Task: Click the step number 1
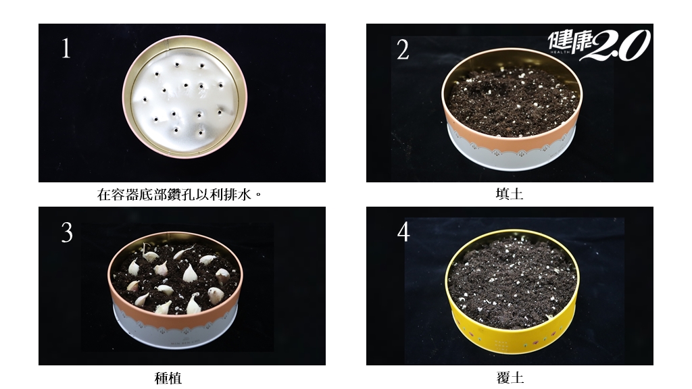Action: coord(66,49)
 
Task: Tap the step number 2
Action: coord(403,50)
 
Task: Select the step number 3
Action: coord(67,232)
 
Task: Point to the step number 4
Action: coord(403,232)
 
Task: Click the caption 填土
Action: coord(510,194)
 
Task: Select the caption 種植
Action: coord(168,378)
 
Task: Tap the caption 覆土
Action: coord(510,378)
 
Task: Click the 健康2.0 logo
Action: coord(599,45)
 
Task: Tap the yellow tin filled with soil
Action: coord(512,291)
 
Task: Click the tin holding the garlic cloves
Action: coord(175,290)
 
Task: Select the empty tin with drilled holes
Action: coord(184,97)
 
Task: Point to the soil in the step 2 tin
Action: coord(512,101)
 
